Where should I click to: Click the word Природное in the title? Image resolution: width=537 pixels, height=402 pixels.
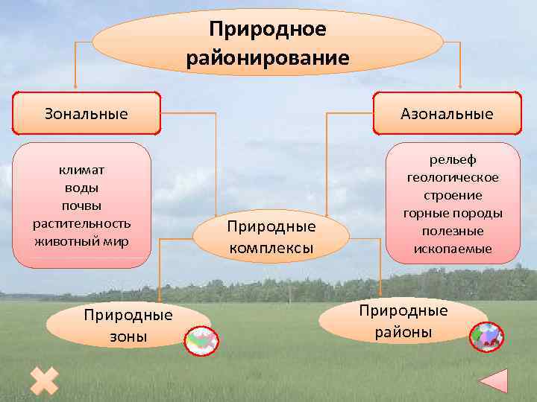pyautogui.click(x=268, y=29)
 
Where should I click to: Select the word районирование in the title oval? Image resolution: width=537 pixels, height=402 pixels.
pyautogui.click(x=268, y=57)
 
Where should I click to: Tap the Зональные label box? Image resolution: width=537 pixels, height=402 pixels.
pyautogui.click(x=87, y=114)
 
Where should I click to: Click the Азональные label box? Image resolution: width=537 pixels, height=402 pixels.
pyautogui.click(x=447, y=114)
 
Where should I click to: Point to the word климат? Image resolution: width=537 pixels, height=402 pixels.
pyautogui.click(x=82, y=170)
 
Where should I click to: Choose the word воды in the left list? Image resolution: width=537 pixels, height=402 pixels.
pyautogui.click(x=82, y=188)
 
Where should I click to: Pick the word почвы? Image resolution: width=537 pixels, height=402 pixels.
pyautogui.click(x=82, y=205)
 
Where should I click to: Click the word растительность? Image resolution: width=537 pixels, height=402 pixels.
pyautogui.click(x=82, y=223)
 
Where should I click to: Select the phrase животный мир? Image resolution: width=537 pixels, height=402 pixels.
pyautogui.click(x=82, y=241)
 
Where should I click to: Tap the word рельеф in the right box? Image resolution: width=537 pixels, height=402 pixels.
pyautogui.click(x=453, y=159)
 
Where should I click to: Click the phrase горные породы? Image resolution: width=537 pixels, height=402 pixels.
pyautogui.click(x=453, y=213)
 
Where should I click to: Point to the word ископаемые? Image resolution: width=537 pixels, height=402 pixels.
pyautogui.click(x=453, y=249)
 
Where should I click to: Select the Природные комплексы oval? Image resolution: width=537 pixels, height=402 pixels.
pyautogui.click(x=271, y=236)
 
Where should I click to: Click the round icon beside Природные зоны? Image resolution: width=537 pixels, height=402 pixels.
pyautogui.click(x=201, y=340)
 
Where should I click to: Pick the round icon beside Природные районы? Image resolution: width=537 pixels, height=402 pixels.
pyautogui.click(x=487, y=336)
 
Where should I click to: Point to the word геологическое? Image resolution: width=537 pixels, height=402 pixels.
pyautogui.click(x=453, y=177)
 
